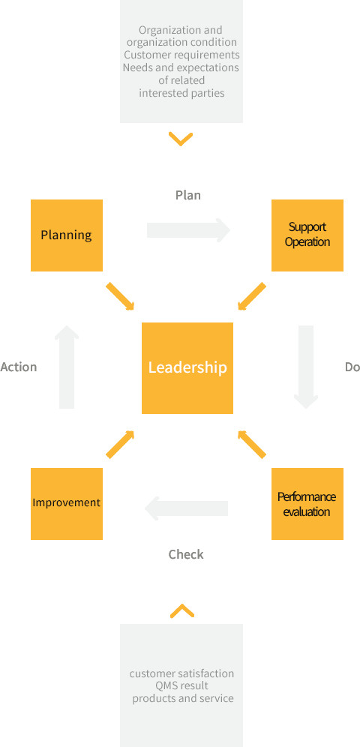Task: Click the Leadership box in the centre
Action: click(x=187, y=367)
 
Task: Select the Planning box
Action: click(x=67, y=235)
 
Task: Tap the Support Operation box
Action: click(x=307, y=235)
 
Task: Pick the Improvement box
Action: click(x=67, y=503)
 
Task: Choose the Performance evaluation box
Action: click(x=307, y=503)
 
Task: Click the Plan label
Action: click(x=188, y=195)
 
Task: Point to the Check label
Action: click(x=186, y=554)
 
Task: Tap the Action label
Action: click(x=19, y=367)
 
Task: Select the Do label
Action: click(x=352, y=367)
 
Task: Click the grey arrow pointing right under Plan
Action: click(x=188, y=230)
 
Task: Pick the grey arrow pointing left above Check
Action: click(x=186, y=508)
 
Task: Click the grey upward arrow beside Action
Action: click(x=67, y=367)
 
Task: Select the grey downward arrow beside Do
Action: click(x=306, y=367)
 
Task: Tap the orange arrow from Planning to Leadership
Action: click(x=120, y=296)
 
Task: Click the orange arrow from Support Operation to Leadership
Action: click(x=251, y=296)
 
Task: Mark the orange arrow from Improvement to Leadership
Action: click(x=120, y=445)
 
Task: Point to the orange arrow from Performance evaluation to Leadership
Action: click(x=251, y=445)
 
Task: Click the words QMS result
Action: click(x=181, y=686)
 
